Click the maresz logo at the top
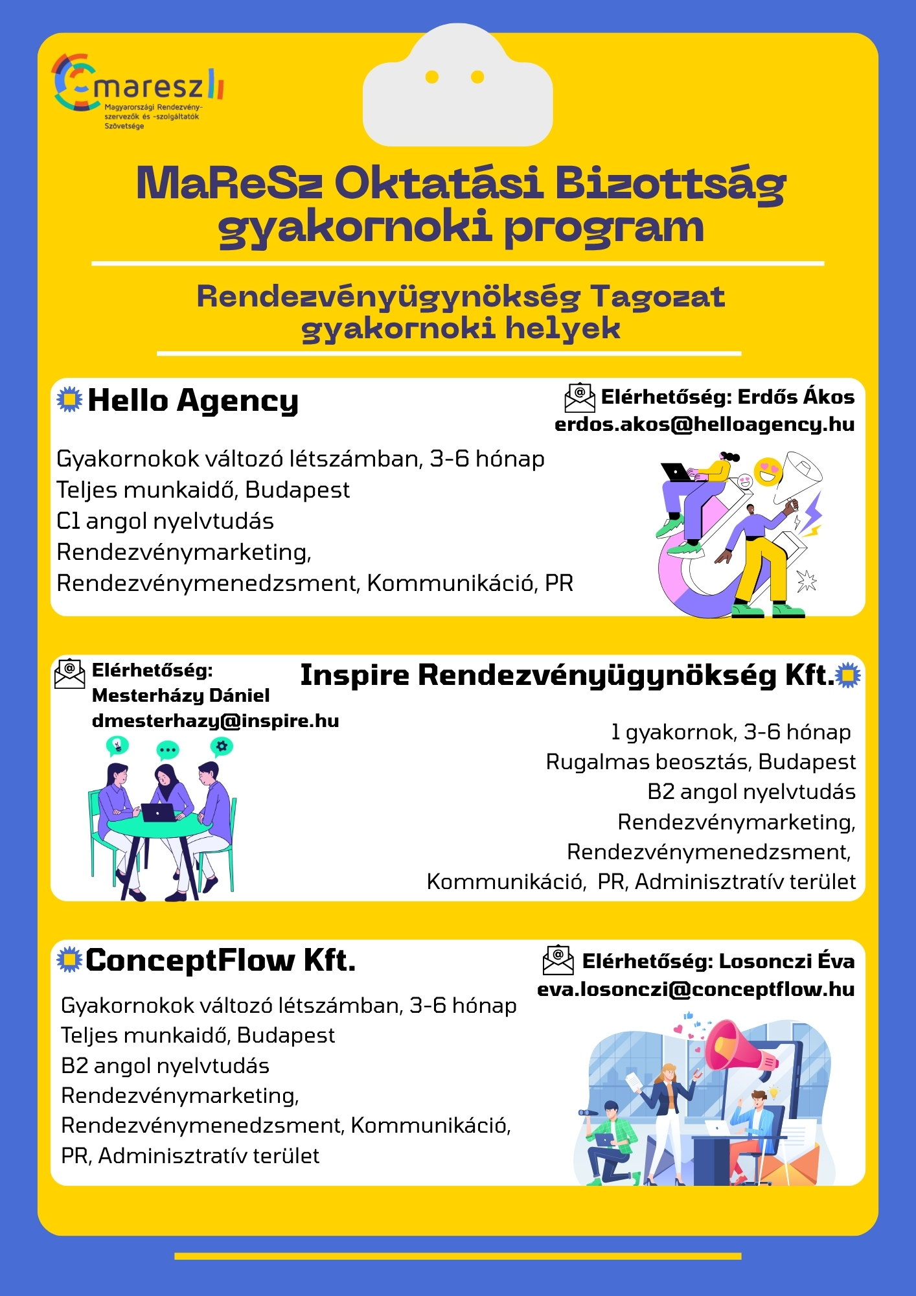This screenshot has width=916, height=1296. pyautogui.click(x=137, y=91)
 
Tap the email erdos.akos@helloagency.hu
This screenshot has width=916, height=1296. pyautogui.click(x=704, y=424)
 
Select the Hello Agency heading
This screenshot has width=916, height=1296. pyautogui.click(x=193, y=400)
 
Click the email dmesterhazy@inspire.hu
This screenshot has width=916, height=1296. pyautogui.click(x=215, y=721)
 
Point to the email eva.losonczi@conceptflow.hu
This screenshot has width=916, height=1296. pyautogui.click(x=696, y=989)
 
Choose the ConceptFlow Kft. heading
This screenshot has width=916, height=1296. pyautogui.click(x=220, y=960)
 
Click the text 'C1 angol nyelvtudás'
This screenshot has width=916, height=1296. pyautogui.click(x=165, y=521)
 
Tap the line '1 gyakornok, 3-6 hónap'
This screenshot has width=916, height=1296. pyautogui.click(x=731, y=732)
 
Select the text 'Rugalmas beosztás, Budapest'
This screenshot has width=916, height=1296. pyautogui.click(x=700, y=762)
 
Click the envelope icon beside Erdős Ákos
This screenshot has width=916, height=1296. pyautogui.click(x=580, y=397)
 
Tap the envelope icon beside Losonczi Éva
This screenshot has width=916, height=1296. pyautogui.click(x=558, y=960)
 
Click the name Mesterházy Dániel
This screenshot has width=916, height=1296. pyautogui.click(x=181, y=695)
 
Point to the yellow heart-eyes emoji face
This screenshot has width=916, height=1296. pyautogui.click(x=768, y=472)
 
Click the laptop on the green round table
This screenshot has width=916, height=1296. pyautogui.click(x=158, y=812)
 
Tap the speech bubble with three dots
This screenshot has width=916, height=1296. pyautogui.click(x=168, y=750)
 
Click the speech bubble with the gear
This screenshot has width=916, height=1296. pyautogui.click(x=222, y=747)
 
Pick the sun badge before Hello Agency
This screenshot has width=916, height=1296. pyautogui.click(x=69, y=399)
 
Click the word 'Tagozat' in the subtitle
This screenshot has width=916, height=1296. pyautogui.click(x=657, y=297)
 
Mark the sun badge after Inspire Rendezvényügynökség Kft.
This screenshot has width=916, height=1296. pyautogui.click(x=848, y=676)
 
